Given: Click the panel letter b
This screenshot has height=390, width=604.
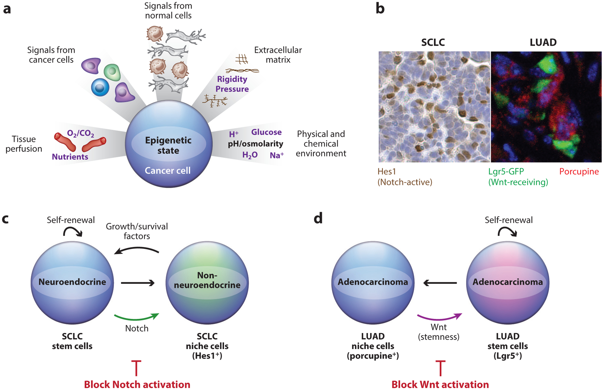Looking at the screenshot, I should pos(380,9).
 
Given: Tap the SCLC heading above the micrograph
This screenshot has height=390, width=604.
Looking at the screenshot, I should pos(433,42).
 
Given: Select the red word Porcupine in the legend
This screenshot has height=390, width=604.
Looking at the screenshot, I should pos(579,171).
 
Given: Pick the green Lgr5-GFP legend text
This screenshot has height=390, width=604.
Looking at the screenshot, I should pos(506,171).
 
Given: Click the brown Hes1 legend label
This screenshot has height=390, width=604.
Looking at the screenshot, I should pos(387,171).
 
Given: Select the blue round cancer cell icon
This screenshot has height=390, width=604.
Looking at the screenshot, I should pos(100,87).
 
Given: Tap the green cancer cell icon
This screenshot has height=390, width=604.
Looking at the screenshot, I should pos(112,72).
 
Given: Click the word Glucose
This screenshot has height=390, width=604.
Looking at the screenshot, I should pos(266,132).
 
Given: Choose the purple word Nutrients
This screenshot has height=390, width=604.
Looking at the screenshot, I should pos(70,157).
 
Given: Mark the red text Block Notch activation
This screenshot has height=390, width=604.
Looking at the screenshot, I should pos(137,384).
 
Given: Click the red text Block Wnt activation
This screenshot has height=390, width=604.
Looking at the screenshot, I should pos(440,384).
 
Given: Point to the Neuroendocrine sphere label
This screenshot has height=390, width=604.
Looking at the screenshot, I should pos(72,282).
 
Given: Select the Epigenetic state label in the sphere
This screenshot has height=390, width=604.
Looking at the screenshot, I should pos(168,145).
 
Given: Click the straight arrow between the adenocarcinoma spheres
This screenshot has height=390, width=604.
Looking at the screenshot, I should pos(440,283).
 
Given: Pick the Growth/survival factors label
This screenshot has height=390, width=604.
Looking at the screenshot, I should pos(137,231).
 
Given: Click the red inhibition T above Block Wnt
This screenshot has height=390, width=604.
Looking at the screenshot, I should pos(440,368).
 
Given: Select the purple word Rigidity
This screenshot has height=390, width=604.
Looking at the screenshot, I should pos(232,79).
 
